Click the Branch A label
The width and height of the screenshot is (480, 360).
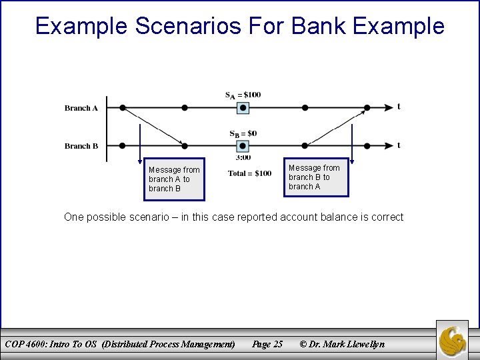pyautogui.click(x=81, y=108)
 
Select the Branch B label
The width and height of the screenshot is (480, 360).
pyautogui.click(x=81, y=146)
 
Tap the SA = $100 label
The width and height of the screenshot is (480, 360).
pyautogui.click(x=243, y=95)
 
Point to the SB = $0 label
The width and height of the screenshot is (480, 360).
pyautogui.click(x=243, y=133)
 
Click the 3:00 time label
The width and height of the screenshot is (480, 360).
pyautogui.click(x=243, y=158)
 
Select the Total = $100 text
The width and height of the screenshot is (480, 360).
pyautogui.click(x=249, y=173)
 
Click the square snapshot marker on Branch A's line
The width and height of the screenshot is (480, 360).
pyautogui.click(x=243, y=107)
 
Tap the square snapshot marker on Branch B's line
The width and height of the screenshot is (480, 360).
pyautogui.click(x=243, y=145)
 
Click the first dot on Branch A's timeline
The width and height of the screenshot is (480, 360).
pyautogui.click(x=123, y=107)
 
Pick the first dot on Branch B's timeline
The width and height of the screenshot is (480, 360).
pyautogui.click(x=123, y=145)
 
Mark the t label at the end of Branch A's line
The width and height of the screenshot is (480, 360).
pyautogui.click(x=399, y=106)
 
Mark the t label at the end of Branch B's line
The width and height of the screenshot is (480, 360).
pyautogui.click(x=399, y=145)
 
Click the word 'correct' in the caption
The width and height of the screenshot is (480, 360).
pyautogui.click(x=387, y=217)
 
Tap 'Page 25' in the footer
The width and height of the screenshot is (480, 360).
pyautogui.click(x=267, y=344)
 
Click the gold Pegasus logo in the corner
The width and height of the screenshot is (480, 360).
pyautogui.click(x=453, y=340)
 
